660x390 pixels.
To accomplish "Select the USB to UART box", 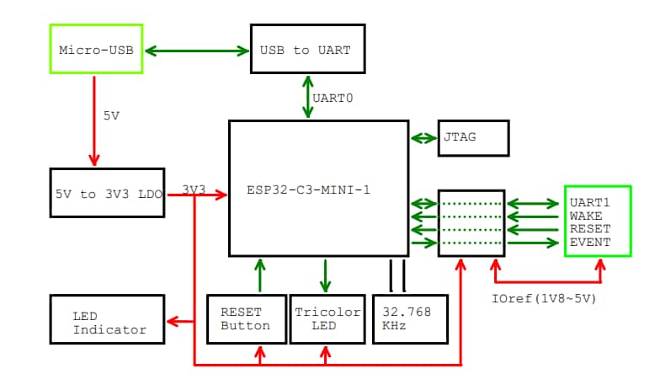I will click(307, 50).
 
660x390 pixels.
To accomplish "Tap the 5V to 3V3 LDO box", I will click(107, 193).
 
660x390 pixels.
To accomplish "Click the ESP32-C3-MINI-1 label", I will click(308, 190).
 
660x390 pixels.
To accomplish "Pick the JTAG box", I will click(473, 138).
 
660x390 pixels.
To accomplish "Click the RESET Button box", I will click(245, 318).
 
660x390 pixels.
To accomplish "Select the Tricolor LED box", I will click(327, 318).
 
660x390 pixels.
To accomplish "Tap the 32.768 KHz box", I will click(409, 318).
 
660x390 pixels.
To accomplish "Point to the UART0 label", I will click(333, 98).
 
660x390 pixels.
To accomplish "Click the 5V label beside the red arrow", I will click(112, 116).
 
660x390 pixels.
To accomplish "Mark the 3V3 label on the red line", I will click(194, 190).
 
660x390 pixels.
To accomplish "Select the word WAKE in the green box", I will click(586, 216).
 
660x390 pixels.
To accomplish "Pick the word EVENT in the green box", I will click(589, 243).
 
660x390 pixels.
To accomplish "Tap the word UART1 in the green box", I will click(589, 203).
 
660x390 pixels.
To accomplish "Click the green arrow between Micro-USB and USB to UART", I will click(197, 51).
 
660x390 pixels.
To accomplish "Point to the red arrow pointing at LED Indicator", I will click(181, 319).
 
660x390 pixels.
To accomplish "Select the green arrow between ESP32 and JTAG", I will click(423, 138).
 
